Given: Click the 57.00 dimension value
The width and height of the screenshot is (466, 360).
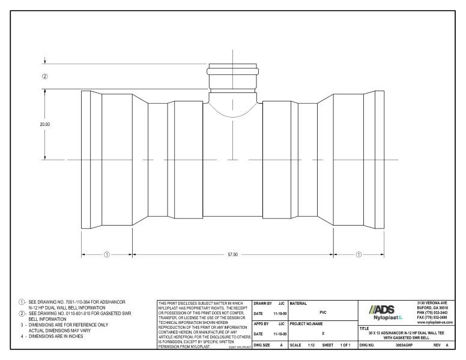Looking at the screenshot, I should pyautogui.click(x=232, y=254).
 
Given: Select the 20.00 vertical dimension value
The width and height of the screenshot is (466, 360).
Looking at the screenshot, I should pyautogui.click(x=44, y=124).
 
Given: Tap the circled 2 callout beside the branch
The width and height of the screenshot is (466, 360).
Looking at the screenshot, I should pyautogui.click(x=44, y=76).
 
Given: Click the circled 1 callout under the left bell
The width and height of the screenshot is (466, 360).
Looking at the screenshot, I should pyautogui.click(x=107, y=254).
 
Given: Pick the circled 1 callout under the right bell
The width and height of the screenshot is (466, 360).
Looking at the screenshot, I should pyautogui.click(x=359, y=254).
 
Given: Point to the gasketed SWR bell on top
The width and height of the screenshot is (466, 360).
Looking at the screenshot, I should pyautogui.click(x=234, y=78).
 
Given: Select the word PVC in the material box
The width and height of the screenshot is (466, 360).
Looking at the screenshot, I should pyautogui.click(x=323, y=313).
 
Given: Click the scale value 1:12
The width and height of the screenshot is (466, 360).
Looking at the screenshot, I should pyautogui.click(x=310, y=346).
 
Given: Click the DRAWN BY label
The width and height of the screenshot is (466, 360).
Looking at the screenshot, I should pyautogui.click(x=262, y=304).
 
